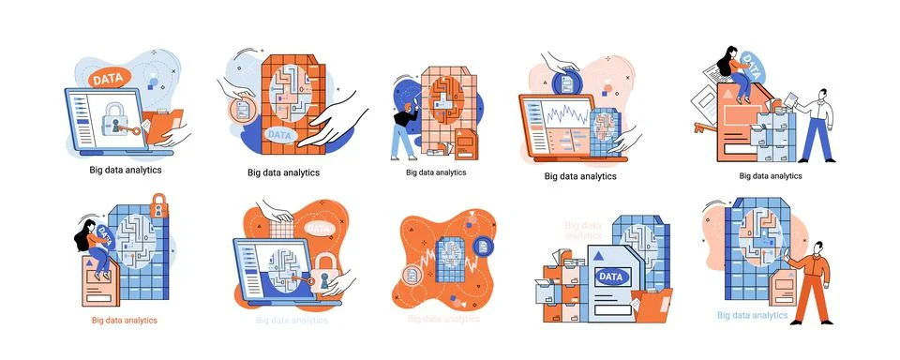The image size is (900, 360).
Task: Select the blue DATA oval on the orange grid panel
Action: (x=279, y=134)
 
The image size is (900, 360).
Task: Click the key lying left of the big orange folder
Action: (x=704, y=126)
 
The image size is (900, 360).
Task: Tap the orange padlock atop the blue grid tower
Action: (x=158, y=205)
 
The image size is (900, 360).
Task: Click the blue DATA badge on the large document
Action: (x=609, y=276)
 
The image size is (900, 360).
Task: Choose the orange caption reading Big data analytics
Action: (x=124, y=320)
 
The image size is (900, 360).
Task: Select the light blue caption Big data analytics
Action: (x=752, y=316)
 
